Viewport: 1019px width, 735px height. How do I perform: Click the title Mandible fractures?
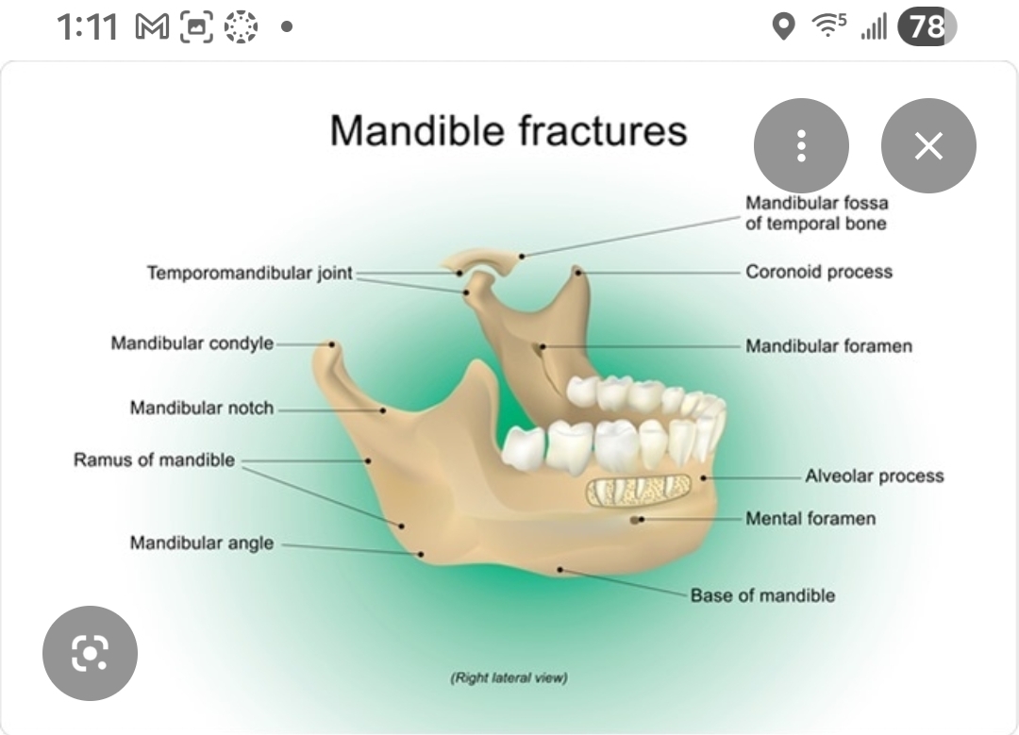coord(509,130)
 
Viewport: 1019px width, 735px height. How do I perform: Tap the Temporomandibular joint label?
coord(249,273)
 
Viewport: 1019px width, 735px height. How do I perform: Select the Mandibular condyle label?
coord(192,342)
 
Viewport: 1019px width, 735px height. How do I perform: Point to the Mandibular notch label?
coord(202,409)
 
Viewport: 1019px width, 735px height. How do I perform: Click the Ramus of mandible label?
coord(154,460)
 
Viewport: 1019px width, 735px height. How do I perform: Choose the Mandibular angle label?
coord(202,543)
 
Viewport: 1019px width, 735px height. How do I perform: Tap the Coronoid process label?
coord(819,272)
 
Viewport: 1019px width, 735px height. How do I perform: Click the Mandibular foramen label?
coord(828,346)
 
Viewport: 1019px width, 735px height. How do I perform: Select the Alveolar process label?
coord(874,476)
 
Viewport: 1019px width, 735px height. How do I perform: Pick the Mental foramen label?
coord(810,518)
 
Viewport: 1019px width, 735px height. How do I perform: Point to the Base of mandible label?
coord(762,595)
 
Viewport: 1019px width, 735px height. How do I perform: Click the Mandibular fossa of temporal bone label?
coord(817,213)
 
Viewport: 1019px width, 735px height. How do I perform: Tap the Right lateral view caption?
coord(509,677)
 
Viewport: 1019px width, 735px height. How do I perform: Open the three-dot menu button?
coord(801,146)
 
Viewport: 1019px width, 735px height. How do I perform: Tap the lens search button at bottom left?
coord(90,652)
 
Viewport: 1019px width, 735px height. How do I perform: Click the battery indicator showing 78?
coord(927,27)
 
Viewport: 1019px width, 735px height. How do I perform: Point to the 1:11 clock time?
coord(87,27)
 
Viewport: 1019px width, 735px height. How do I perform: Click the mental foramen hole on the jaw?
coord(637,519)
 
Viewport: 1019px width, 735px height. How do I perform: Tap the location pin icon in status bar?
coord(783,27)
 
